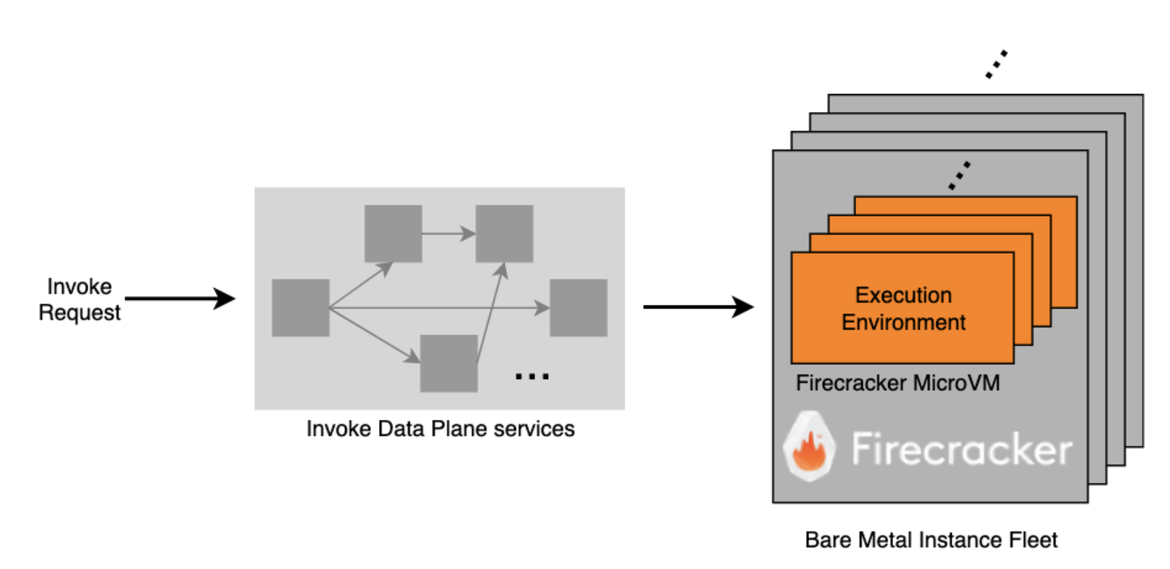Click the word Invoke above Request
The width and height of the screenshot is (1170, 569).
[80, 287]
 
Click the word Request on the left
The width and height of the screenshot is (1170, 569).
[80, 313]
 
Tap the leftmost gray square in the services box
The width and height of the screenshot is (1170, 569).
[301, 308]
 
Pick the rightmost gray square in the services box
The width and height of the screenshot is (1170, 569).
[578, 308]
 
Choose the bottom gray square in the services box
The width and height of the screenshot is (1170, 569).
[449, 363]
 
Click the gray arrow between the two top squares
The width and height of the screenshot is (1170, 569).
[448, 234]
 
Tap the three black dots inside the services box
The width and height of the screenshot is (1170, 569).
[532, 376]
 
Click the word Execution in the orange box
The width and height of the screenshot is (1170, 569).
[903, 295]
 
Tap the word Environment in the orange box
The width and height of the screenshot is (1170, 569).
[903, 322]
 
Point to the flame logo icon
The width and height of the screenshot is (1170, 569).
[810, 447]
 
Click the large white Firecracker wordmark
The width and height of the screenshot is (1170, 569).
[962, 450]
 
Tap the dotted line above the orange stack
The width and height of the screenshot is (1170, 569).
[960, 176]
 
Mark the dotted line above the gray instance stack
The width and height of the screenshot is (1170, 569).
[996, 64]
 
